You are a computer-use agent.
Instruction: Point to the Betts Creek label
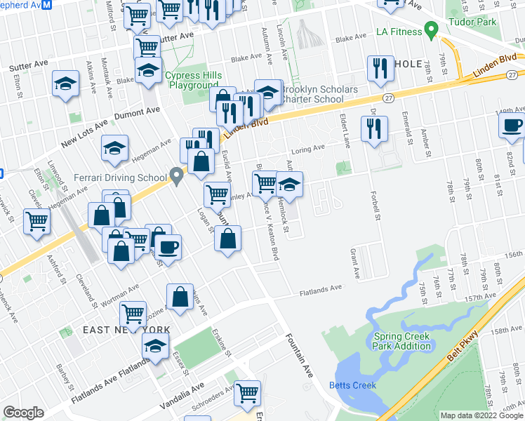[352, 385]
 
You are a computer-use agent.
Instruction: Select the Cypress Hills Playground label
[193, 80]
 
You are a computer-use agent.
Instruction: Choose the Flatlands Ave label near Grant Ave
[321, 288]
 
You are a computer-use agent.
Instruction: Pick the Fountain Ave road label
[299, 357]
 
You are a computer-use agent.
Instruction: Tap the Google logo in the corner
[23, 413]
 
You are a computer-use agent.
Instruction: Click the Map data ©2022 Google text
[481, 415]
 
